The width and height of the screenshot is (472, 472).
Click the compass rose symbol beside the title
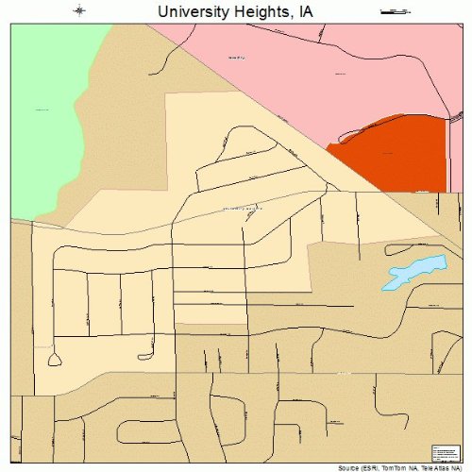point(80,10)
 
